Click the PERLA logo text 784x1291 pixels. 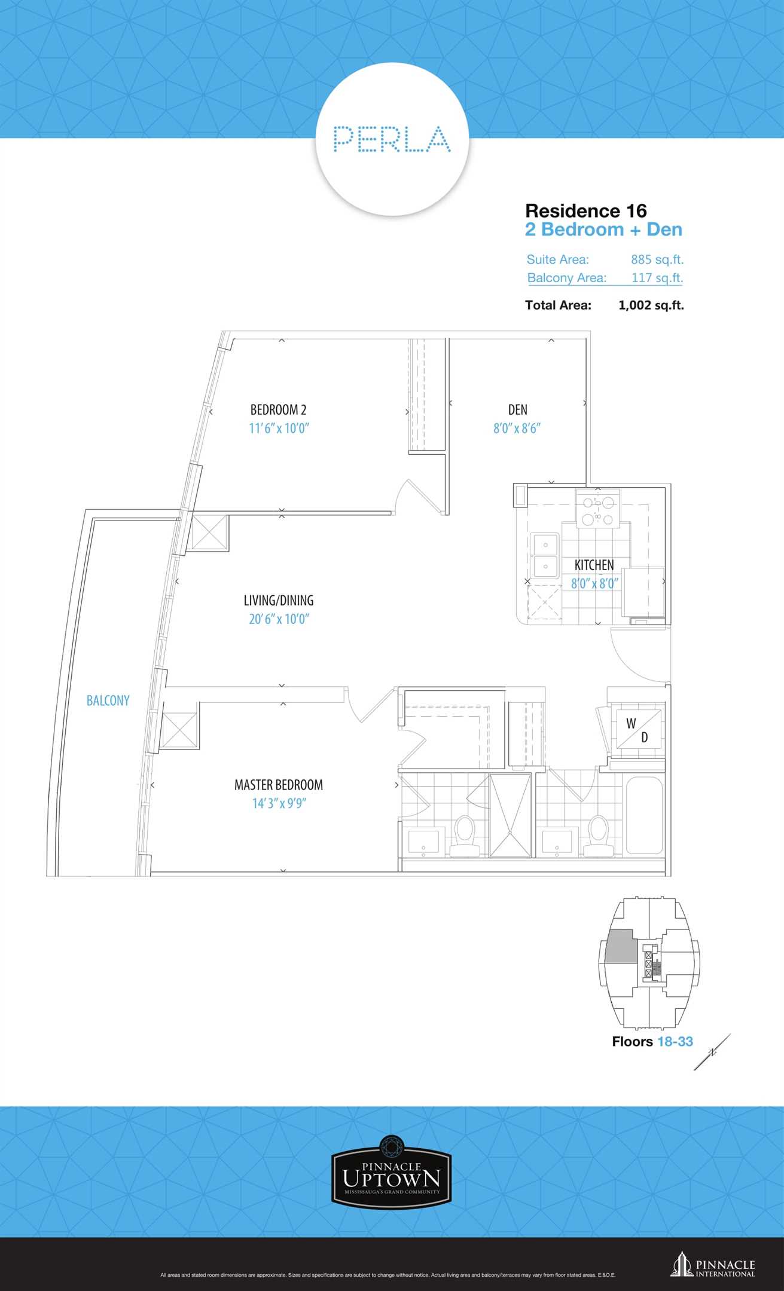392,139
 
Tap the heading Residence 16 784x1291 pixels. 586,210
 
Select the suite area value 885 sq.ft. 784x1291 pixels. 657,259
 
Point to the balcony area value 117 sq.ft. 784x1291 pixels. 657,278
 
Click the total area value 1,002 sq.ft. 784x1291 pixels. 651,305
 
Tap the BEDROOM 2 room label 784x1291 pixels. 279,410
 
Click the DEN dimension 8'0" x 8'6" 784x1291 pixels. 517,429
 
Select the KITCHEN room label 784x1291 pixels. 594,565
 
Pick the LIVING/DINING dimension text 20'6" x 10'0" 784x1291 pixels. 279,619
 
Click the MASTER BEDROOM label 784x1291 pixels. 279,785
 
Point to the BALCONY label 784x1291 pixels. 108,700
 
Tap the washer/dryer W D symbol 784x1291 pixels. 639,729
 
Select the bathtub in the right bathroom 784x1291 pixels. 644,815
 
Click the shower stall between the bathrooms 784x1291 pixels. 510,815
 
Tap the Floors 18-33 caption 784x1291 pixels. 652,1042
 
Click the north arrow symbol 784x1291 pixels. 712,1053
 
